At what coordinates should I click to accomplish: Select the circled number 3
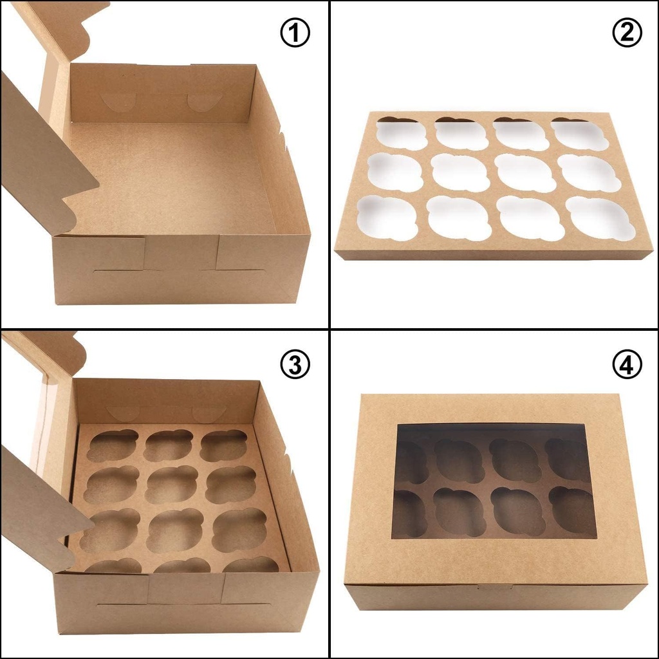pyautogui.click(x=295, y=366)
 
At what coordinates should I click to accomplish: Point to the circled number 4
pyautogui.click(x=627, y=366)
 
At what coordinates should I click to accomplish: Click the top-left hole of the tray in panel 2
pyautogui.click(x=402, y=134)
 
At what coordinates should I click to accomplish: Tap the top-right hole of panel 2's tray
pyautogui.click(x=579, y=134)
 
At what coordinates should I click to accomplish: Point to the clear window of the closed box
pyautogui.click(x=494, y=479)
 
